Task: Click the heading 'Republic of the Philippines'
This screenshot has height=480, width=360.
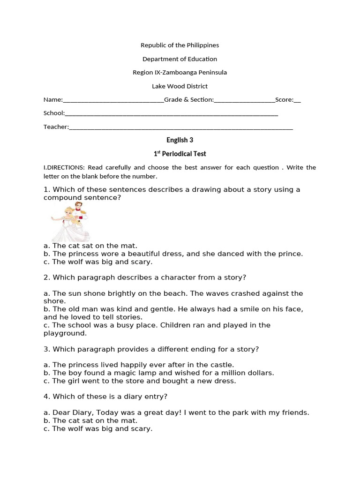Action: pyautogui.click(x=180, y=45)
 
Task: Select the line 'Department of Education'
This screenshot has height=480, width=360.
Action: pyautogui.click(x=180, y=59)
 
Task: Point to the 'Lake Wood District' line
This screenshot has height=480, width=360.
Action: pyautogui.click(x=180, y=86)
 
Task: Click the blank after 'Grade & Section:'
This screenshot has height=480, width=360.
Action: pyautogui.click(x=244, y=100)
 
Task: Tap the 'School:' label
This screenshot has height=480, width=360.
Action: pyautogui.click(x=53, y=113)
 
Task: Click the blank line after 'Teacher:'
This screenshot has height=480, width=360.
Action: pyautogui.click(x=181, y=127)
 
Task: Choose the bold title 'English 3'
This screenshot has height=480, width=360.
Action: pyautogui.click(x=180, y=140)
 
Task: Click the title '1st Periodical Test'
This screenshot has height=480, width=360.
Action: pyautogui.click(x=180, y=154)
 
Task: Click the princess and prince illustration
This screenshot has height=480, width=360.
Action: pyautogui.click(x=71, y=222)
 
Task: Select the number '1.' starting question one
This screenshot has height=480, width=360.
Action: pyautogui.click(x=47, y=190)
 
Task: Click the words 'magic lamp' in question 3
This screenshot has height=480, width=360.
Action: pyautogui.click(x=136, y=373)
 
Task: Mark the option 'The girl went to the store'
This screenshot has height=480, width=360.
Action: pyautogui.click(x=144, y=381)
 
